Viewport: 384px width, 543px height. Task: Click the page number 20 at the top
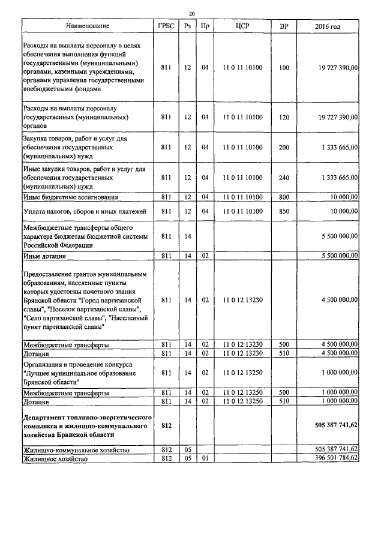(x=191, y=13)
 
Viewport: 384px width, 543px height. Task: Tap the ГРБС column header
(x=166, y=27)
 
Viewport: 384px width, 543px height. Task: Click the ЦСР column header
(x=242, y=27)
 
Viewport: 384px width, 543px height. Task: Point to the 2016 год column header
(x=328, y=27)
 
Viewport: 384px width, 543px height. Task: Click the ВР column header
(x=284, y=27)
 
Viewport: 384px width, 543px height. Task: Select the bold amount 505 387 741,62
(x=336, y=425)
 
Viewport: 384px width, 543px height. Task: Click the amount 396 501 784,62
(x=336, y=458)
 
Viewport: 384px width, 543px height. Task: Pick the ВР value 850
(x=284, y=211)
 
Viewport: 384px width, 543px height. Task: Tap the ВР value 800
(x=284, y=197)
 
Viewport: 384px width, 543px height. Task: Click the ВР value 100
(x=284, y=67)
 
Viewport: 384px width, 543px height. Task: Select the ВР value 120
(x=284, y=117)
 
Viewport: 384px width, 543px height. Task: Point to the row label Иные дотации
(x=44, y=256)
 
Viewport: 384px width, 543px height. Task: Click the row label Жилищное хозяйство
(x=55, y=458)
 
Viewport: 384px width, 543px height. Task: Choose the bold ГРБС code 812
(x=166, y=425)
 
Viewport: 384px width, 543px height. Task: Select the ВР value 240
(x=284, y=178)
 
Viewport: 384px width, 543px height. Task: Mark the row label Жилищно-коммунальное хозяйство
(x=76, y=449)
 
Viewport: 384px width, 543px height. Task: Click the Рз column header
(x=187, y=27)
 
